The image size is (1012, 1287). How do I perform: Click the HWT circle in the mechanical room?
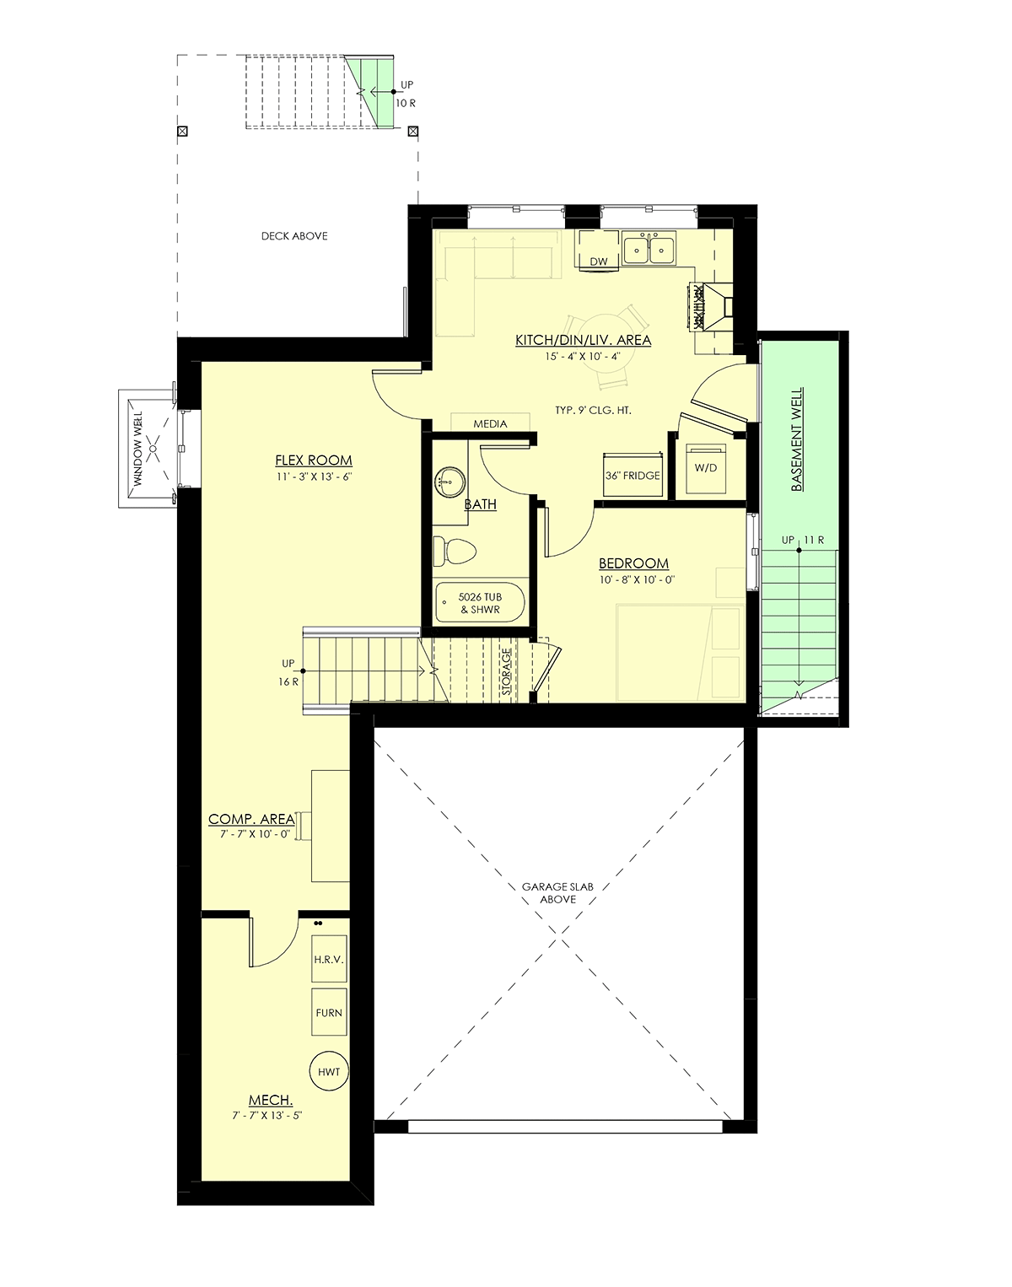pyautogui.click(x=329, y=1072)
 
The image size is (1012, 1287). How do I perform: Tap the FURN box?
pyautogui.click(x=329, y=1012)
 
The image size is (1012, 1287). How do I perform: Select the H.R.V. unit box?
pyautogui.click(x=329, y=959)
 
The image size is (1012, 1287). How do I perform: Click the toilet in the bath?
pyautogui.click(x=454, y=551)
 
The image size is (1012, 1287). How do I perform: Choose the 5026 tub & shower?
pyautogui.click(x=481, y=603)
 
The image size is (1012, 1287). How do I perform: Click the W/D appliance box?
pyautogui.click(x=706, y=468)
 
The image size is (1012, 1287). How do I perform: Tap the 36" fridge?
pyautogui.click(x=632, y=475)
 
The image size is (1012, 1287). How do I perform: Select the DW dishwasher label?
pyautogui.click(x=599, y=261)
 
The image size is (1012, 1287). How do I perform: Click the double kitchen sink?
pyautogui.click(x=649, y=249)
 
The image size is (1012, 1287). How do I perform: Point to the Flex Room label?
pyautogui.click(x=314, y=460)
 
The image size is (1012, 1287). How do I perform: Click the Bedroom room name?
pyautogui.click(x=634, y=563)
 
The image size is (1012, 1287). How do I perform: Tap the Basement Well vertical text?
pyautogui.click(x=797, y=439)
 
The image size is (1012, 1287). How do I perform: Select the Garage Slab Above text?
pyautogui.click(x=557, y=892)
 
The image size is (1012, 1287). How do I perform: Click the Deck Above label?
pyautogui.click(x=294, y=236)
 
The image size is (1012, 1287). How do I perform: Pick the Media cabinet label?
pyautogui.click(x=491, y=424)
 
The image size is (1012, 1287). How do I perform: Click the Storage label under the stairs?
pyautogui.click(x=507, y=671)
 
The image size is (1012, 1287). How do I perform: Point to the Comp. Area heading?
pyautogui.click(x=251, y=819)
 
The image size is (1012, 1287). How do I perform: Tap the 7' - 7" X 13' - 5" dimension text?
pyautogui.click(x=267, y=1115)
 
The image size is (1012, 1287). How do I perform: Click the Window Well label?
pyautogui.click(x=138, y=449)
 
